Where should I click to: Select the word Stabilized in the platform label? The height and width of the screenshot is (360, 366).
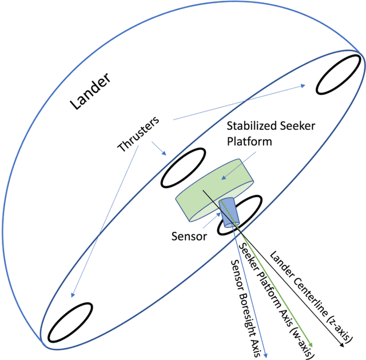pyautogui.click(x=252, y=125)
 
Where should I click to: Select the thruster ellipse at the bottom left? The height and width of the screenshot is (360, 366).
pyautogui.click(x=70, y=321)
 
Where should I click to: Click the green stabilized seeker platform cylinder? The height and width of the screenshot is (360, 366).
pyautogui.click(x=212, y=192)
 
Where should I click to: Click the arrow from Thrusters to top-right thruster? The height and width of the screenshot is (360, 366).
pyautogui.click(x=240, y=103)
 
